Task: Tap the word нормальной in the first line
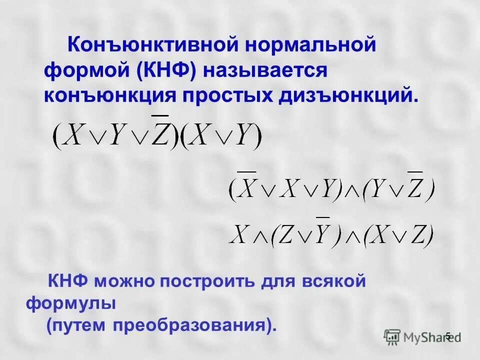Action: (309, 46)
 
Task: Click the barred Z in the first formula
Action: (160, 132)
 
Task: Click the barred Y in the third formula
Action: (322, 232)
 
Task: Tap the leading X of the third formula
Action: (239, 234)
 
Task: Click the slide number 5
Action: (448, 335)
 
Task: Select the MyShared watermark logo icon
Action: (392, 336)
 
